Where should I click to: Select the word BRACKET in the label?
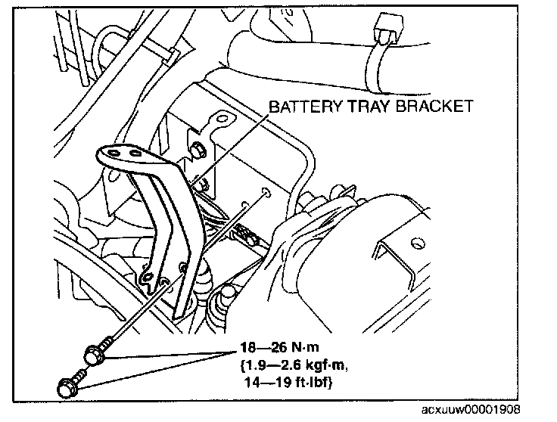436,106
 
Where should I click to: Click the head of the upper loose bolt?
92,352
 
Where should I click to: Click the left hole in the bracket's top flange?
114,152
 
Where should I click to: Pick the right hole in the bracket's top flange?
136,153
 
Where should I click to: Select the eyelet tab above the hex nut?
219,121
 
